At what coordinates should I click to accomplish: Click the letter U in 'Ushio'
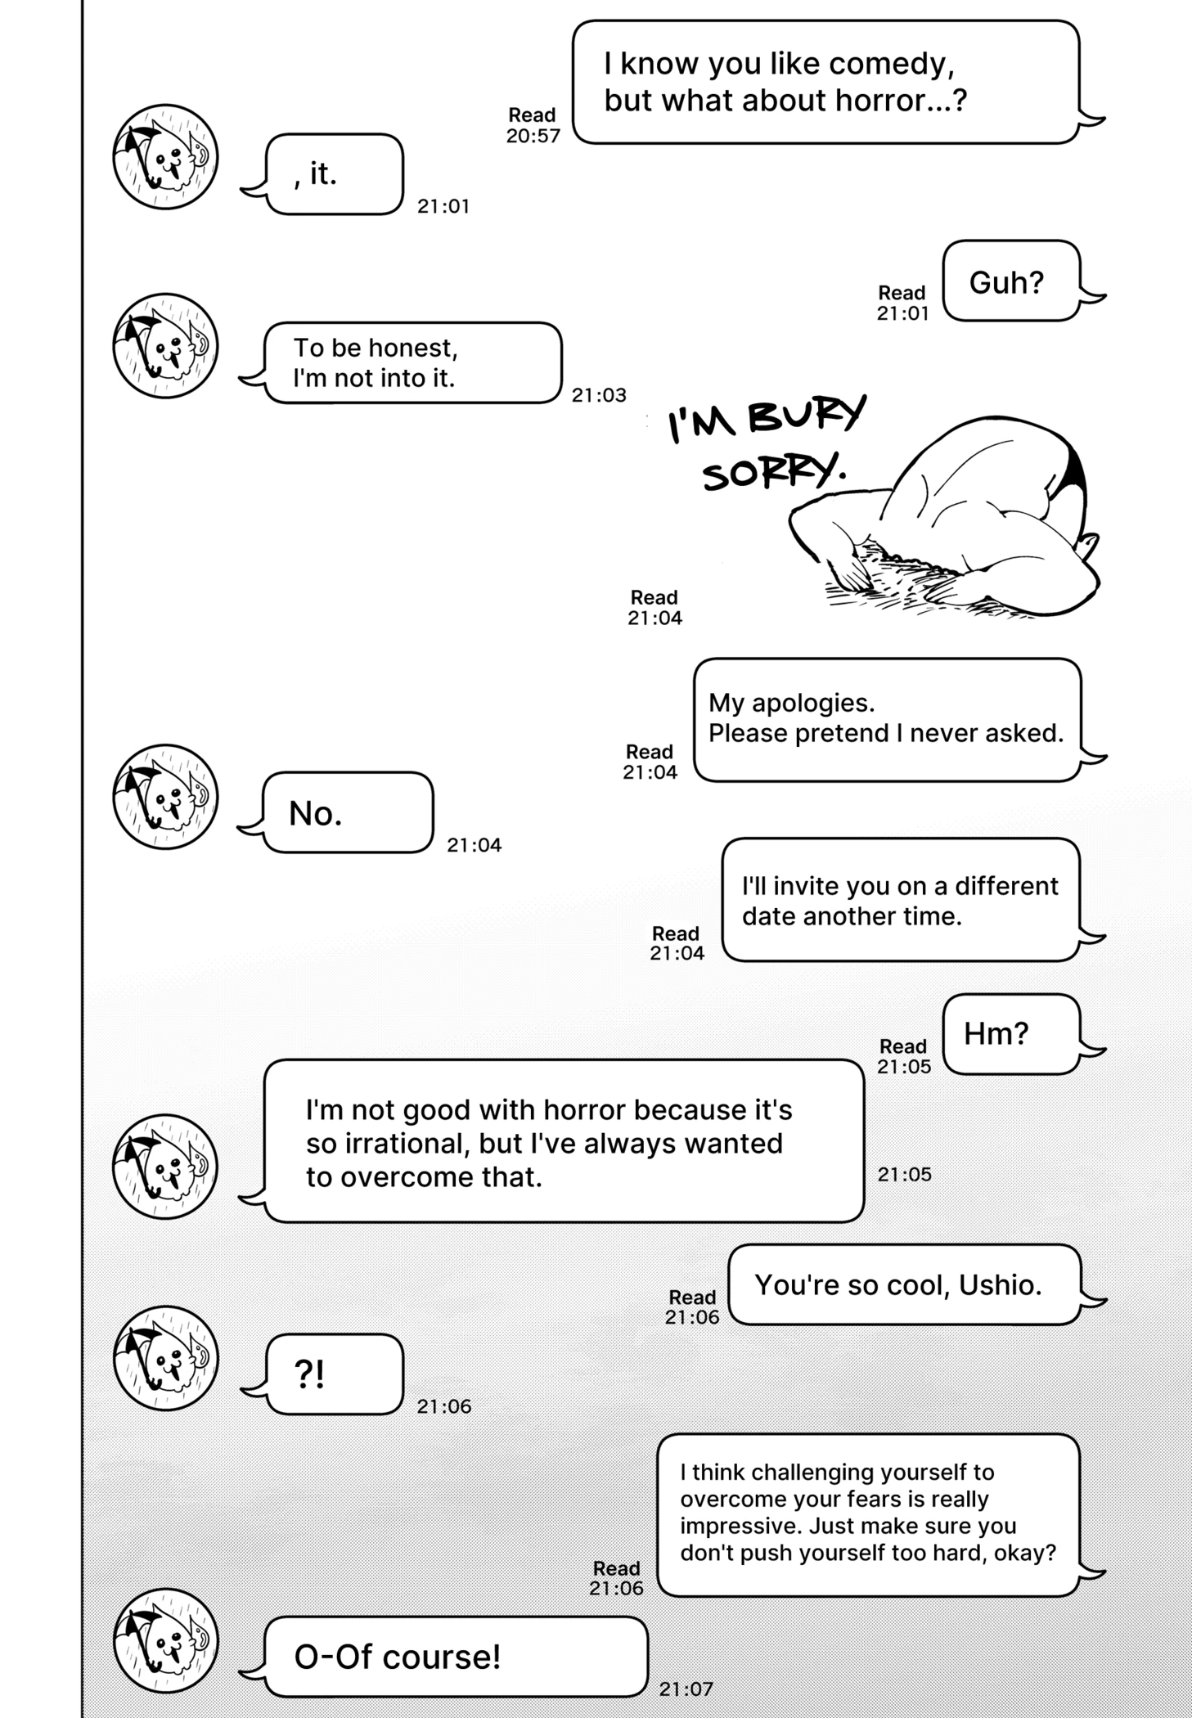point(969,1285)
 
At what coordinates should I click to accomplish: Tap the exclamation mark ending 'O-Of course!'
point(494,1657)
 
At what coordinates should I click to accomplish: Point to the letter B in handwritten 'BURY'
point(764,418)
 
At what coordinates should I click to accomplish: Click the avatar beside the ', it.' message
point(165,156)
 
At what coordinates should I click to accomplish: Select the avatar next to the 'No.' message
point(165,796)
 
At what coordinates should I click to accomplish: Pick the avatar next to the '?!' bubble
point(165,1358)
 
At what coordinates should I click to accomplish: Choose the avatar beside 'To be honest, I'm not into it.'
point(165,346)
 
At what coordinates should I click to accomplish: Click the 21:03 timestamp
point(599,395)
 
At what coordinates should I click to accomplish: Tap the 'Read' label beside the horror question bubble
point(532,115)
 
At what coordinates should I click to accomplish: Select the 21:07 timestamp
point(686,1689)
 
